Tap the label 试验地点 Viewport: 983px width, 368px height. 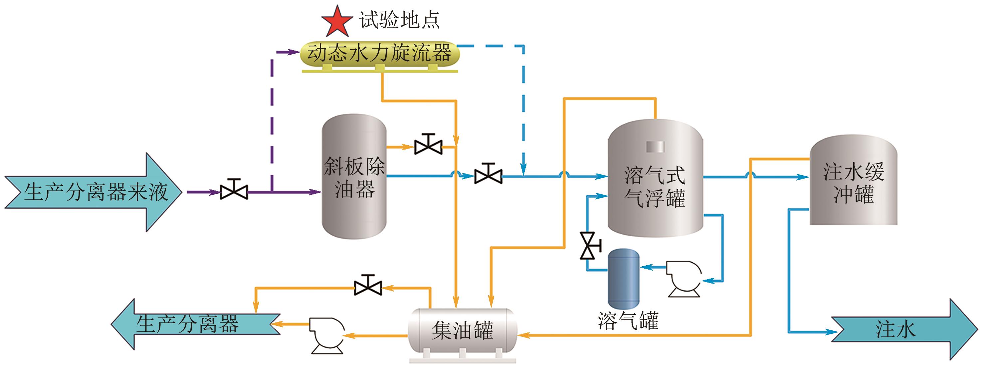point(399,20)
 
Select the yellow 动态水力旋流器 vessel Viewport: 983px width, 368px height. point(380,54)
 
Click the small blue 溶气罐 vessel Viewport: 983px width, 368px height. point(623,278)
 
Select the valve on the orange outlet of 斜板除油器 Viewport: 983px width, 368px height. point(428,145)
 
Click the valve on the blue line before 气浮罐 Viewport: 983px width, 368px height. point(488,174)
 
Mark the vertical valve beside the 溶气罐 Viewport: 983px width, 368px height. point(588,246)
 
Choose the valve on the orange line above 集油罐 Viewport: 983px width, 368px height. point(368,286)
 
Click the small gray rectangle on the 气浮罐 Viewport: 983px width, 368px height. point(655,147)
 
